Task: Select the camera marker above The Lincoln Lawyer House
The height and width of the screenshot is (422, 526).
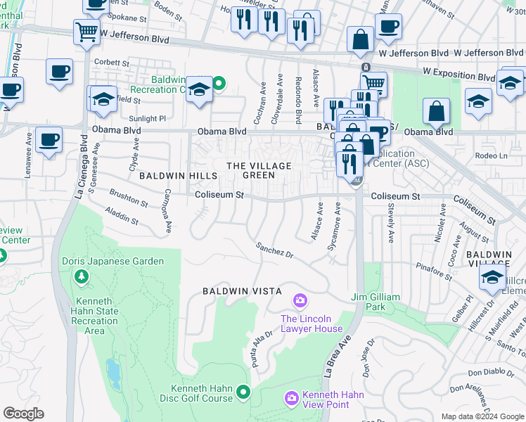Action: coord(300,302)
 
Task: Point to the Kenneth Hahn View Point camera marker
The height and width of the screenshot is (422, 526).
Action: coord(292,399)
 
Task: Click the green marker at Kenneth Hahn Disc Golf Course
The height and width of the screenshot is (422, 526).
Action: coord(244,391)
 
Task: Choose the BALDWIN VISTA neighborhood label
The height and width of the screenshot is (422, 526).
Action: coord(242,290)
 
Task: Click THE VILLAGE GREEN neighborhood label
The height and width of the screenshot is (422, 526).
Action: coord(258,170)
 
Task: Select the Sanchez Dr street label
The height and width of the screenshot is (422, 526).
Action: coord(274,249)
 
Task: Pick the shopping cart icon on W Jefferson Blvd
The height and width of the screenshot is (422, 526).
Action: coord(86,31)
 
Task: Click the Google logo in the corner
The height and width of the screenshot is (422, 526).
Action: coord(24,414)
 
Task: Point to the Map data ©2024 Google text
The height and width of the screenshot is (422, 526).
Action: coord(482,416)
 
